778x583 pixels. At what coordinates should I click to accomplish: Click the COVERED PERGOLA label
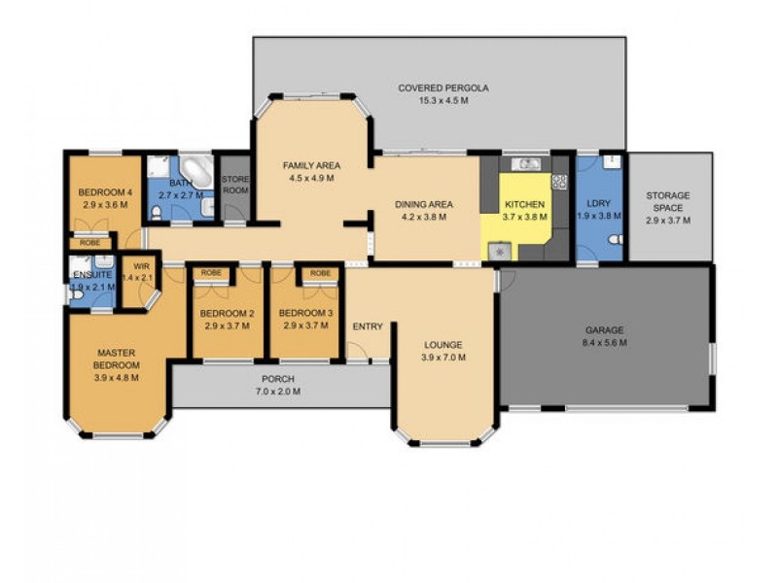tap(442, 88)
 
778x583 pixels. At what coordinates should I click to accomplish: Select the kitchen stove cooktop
tap(559, 182)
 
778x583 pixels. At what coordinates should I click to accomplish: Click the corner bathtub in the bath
tap(196, 169)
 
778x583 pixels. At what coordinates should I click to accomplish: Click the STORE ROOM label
tap(235, 185)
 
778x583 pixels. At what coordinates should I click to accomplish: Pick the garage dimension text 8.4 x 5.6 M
tap(604, 342)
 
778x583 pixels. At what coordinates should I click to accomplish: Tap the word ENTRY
tap(368, 326)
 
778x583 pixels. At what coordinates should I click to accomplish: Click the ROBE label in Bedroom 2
tap(210, 274)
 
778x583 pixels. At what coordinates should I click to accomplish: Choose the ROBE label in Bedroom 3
tap(320, 274)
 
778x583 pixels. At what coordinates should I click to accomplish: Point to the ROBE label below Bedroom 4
tap(89, 242)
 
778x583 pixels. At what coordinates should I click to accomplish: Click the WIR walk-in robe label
tap(142, 265)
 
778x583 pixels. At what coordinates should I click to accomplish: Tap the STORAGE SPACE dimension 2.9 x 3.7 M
tap(667, 221)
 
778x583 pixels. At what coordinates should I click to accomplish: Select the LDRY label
tap(598, 203)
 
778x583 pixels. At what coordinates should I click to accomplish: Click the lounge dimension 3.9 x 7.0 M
tap(443, 358)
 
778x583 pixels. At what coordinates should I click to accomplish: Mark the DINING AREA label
tap(423, 205)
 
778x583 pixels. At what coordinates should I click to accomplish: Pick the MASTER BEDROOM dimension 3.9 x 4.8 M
tap(117, 378)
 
